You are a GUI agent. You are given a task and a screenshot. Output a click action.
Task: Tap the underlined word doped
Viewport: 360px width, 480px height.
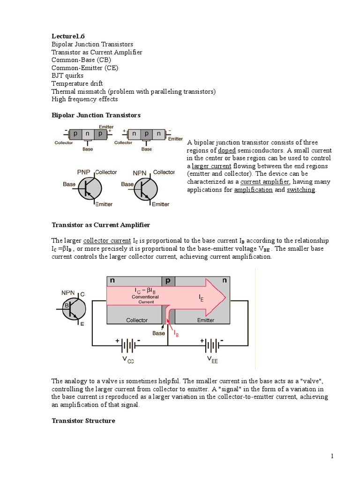click(x=227, y=150)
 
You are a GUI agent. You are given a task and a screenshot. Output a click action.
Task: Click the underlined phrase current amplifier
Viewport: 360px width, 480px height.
click(x=266, y=182)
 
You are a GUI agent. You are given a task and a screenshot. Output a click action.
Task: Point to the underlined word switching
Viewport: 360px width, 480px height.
click(x=301, y=190)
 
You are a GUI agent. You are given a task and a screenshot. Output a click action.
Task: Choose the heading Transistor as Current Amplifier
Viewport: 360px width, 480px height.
click(x=100, y=225)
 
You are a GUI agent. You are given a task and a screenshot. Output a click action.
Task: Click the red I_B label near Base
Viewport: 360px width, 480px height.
click(x=176, y=334)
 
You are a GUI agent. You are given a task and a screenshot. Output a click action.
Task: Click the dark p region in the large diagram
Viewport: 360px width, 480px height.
click(x=168, y=281)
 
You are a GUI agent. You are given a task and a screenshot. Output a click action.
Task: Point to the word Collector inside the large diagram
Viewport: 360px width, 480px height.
click(x=137, y=320)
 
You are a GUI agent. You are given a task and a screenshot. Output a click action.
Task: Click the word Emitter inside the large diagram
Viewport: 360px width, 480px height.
click(x=205, y=320)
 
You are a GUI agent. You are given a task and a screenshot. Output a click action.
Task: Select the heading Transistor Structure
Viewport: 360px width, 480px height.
click(x=83, y=420)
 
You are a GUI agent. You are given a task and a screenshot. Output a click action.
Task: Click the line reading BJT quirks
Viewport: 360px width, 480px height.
click(x=67, y=75)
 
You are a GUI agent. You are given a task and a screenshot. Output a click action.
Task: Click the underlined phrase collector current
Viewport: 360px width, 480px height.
click(x=107, y=240)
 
